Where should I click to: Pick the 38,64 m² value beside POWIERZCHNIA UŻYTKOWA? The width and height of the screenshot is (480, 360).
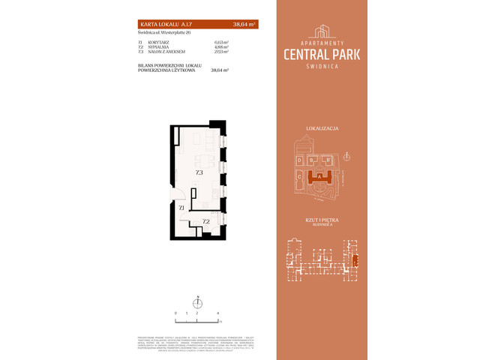[220, 70]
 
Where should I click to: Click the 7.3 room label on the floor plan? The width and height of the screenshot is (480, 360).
[199, 172]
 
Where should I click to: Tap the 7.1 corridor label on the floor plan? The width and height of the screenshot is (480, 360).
[181, 206]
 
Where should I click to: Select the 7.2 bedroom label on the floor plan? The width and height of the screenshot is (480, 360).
[205, 221]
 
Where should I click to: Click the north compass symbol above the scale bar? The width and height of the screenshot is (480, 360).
[197, 301]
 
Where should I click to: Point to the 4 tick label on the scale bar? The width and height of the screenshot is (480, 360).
[217, 312]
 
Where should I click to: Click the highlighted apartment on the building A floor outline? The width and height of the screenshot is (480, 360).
[355, 259]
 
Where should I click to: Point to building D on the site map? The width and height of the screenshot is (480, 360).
[300, 160]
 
